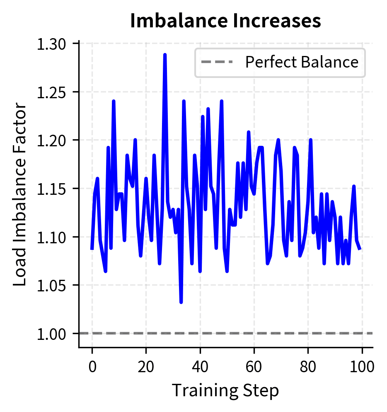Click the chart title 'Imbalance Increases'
point(225,21)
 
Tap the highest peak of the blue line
point(165,55)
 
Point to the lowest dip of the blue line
point(181,302)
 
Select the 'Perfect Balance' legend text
point(301,62)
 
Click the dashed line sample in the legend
point(217,62)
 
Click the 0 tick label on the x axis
point(92,366)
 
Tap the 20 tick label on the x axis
point(146,366)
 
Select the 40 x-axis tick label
point(200,366)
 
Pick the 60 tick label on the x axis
point(254,366)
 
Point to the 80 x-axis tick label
point(308,366)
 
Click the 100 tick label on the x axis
point(362,366)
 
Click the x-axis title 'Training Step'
point(225,390)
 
